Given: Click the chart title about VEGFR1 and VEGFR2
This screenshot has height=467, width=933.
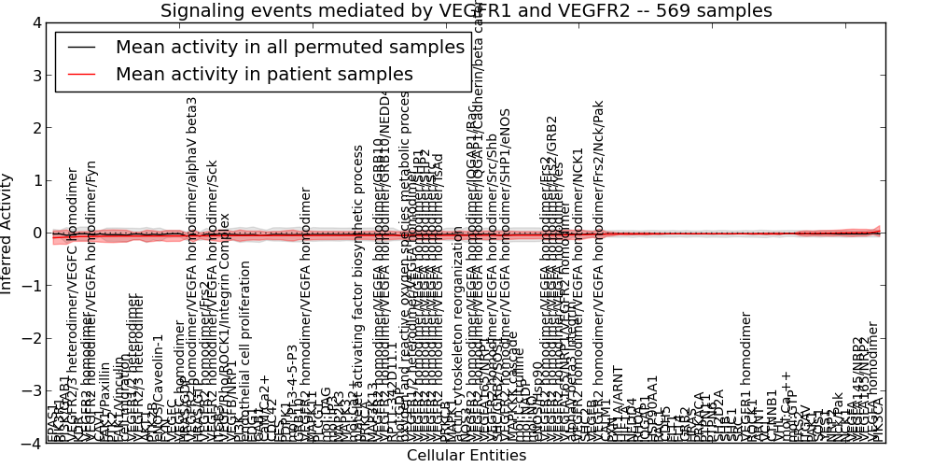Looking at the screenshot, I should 466,11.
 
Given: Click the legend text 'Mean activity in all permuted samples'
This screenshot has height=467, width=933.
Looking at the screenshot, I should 289,48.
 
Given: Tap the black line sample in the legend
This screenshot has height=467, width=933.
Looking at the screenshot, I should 82,48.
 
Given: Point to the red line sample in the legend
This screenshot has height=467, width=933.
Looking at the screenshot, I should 82,75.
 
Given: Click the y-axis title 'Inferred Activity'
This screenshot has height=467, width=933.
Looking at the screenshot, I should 8,233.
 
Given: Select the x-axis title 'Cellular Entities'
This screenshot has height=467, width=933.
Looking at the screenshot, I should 466,456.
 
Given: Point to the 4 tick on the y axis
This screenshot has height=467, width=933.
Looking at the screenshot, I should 36,22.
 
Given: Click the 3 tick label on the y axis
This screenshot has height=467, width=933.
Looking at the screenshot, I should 36,75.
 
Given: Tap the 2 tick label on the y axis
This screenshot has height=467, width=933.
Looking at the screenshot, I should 36,128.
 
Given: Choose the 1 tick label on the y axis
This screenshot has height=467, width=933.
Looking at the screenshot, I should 36,180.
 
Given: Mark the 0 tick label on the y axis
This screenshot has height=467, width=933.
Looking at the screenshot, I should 36,233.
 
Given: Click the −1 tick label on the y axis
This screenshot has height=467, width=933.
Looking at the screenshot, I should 33,286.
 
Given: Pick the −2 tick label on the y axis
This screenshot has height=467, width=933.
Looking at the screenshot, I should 33,338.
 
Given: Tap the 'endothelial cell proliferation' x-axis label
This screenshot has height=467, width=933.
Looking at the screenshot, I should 246,350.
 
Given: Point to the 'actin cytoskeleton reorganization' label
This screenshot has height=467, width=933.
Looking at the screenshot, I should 457,332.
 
